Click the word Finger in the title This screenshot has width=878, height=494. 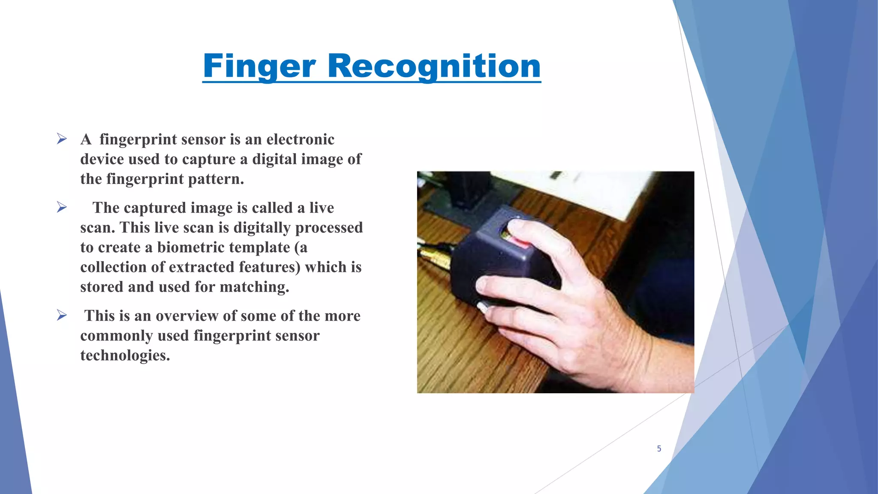[x=259, y=66]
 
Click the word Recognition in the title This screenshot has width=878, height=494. [x=434, y=66]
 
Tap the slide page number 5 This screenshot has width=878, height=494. [x=659, y=449]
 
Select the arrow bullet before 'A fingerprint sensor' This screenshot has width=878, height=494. [x=62, y=139]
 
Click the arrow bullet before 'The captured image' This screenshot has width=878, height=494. [x=62, y=208]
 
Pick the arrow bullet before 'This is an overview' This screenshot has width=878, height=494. [x=62, y=316]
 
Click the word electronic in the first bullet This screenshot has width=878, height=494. [x=300, y=139]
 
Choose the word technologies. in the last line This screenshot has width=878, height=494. [x=125, y=355]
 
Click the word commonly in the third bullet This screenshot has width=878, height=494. [x=116, y=336]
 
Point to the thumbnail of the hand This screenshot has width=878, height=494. [x=482, y=307]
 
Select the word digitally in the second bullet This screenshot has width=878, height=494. [x=262, y=228]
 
